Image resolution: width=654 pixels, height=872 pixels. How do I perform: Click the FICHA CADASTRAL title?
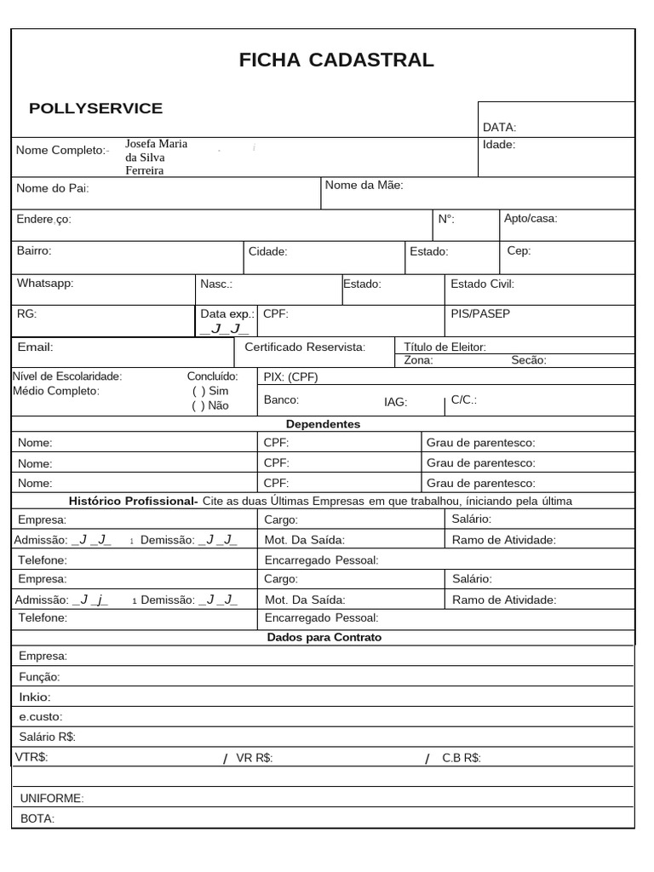pos(336,60)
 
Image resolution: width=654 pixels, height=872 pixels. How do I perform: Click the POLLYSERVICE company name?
pos(95,108)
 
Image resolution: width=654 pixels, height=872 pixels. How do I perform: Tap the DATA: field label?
pos(499,128)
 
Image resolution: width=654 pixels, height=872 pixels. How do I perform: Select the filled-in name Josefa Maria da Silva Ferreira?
pos(156,157)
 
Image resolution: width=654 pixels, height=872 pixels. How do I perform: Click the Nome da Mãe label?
pos(364,185)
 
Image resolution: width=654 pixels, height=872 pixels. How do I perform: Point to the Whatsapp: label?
pos(45,283)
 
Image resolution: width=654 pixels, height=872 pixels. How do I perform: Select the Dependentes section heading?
pos(323,424)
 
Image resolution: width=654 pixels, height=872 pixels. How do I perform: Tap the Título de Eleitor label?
pos(445,347)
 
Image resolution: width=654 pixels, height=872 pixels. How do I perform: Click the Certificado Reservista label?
pos(304,347)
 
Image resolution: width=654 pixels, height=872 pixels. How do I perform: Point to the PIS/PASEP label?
pos(480,313)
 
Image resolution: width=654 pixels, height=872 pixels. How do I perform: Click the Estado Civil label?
pos(482,284)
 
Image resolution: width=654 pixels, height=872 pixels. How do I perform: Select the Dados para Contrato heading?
pos(324,637)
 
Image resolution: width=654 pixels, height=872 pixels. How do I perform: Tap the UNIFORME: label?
pos(51,799)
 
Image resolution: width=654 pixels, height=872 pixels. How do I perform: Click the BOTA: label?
pos(37,818)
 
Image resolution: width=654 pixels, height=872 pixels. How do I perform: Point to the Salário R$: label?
pos(47,737)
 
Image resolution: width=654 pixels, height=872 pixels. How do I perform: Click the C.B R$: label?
pos(462,758)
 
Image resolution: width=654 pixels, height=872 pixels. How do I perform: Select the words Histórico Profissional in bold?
pos(133,501)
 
